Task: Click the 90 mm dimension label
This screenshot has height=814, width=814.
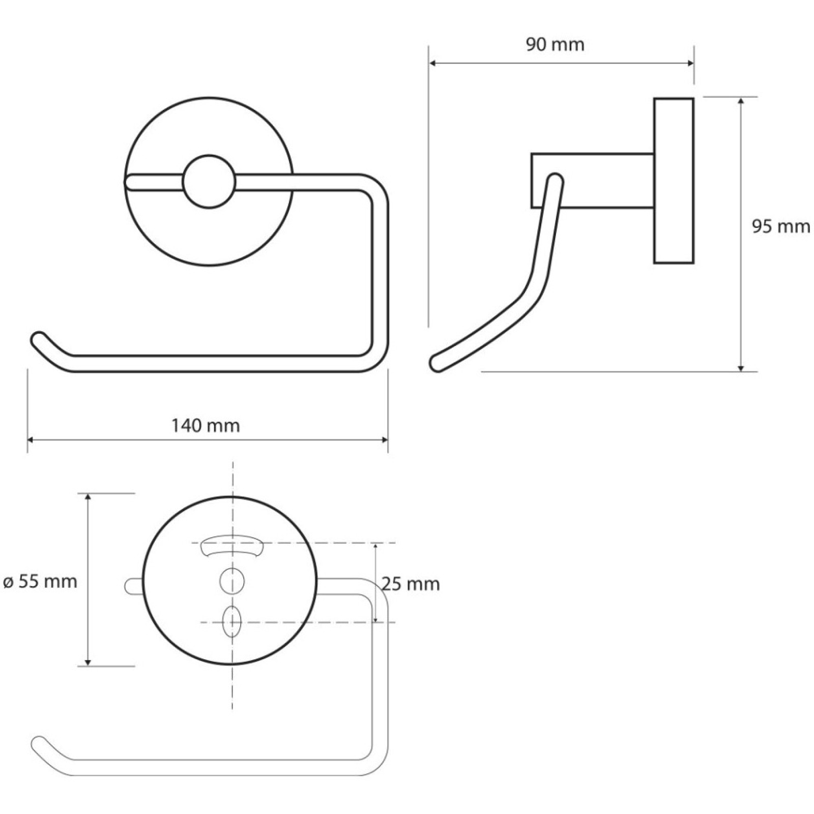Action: point(555,45)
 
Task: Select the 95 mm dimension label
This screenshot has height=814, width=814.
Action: point(781,226)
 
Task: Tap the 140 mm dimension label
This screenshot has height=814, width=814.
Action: point(206,425)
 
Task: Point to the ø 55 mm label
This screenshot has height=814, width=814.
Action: point(40,581)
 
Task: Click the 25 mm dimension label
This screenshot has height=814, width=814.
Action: point(411,584)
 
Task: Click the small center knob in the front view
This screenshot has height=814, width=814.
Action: point(209,181)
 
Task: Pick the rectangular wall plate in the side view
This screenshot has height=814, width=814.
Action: point(674,181)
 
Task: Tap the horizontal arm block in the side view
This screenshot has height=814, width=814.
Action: point(592,181)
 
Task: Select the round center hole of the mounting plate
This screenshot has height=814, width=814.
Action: point(232,580)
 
